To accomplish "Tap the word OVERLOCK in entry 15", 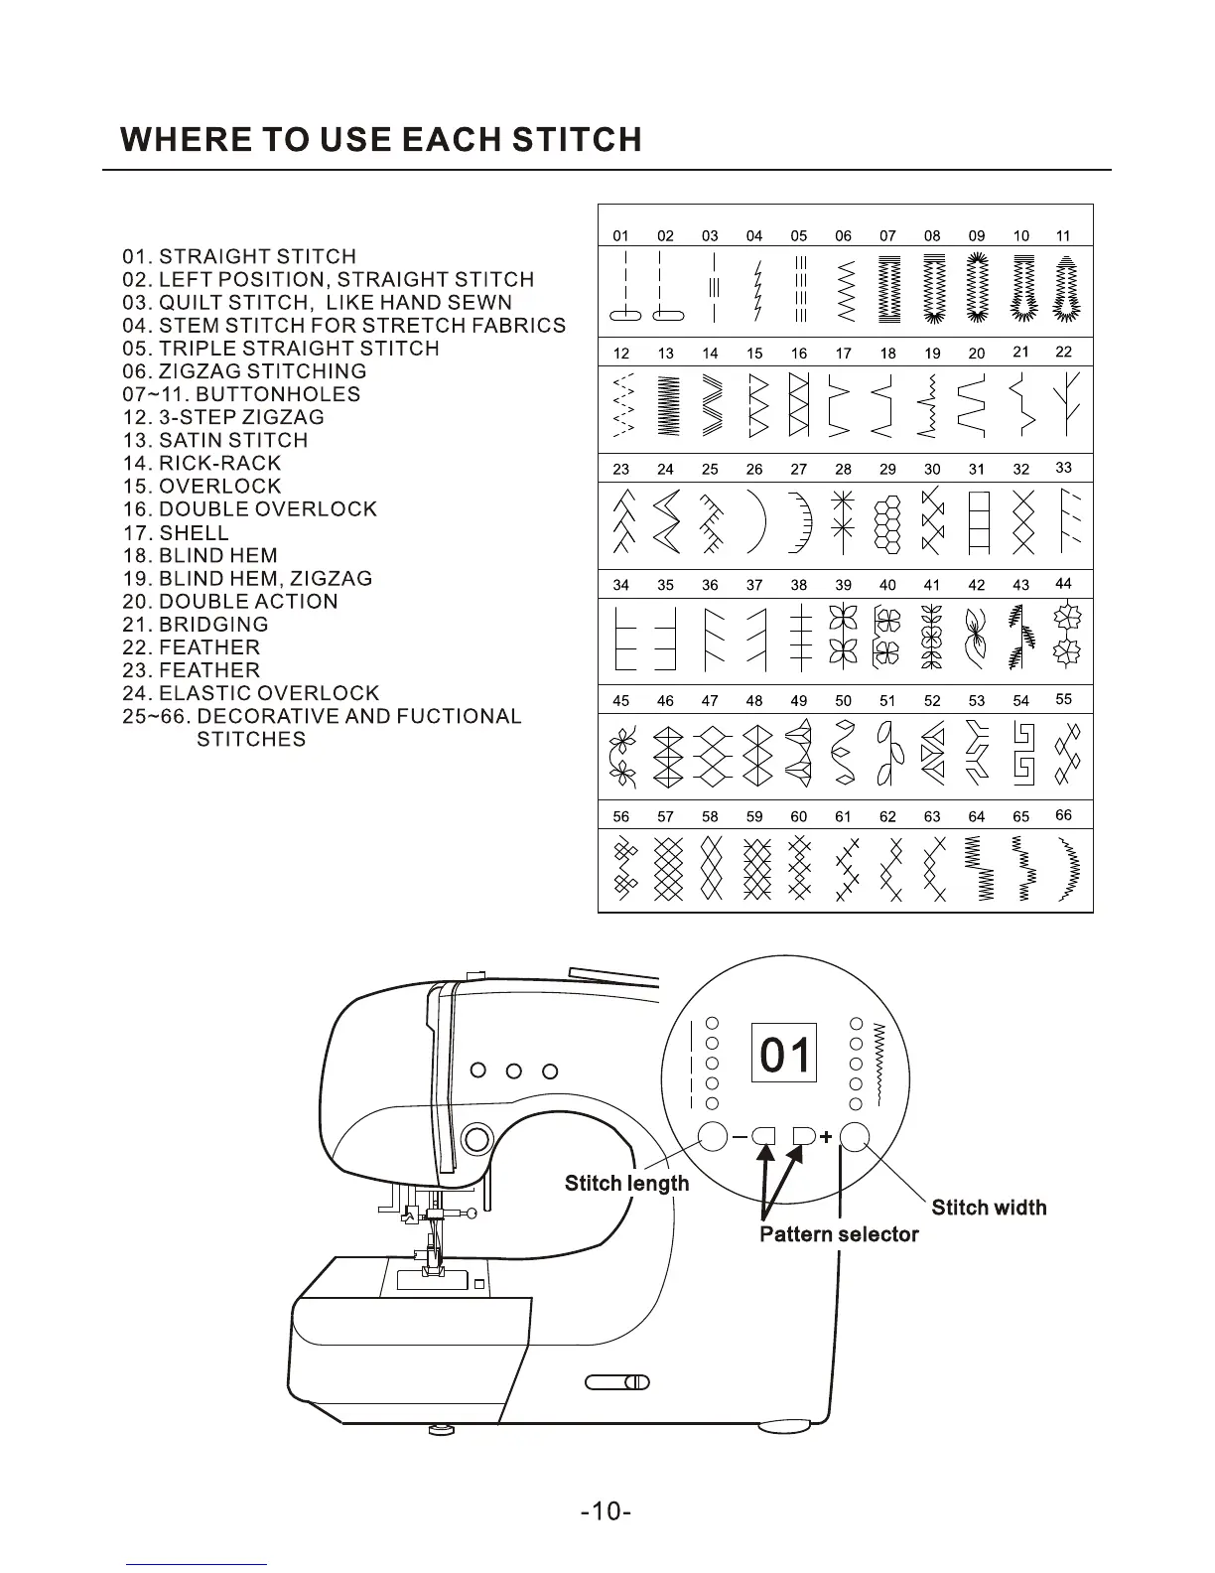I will click(219, 487).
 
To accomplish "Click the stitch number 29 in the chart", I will click(887, 469).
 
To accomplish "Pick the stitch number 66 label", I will click(1063, 815).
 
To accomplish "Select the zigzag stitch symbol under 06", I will click(845, 291).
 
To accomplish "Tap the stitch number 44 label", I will click(1063, 584).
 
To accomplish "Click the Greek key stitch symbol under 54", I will click(1023, 754).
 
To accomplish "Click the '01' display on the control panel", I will click(784, 1054).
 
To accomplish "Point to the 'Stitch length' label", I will click(626, 1183).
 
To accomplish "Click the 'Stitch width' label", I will click(989, 1208).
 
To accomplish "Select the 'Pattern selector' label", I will click(839, 1234).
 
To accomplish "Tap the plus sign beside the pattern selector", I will click(825, 1136).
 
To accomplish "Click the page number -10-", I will click(607, 1511).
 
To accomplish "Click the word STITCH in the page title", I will click(577, 140).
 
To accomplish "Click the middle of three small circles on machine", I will click(514, 1071).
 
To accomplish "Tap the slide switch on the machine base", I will click(616, 1381).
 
